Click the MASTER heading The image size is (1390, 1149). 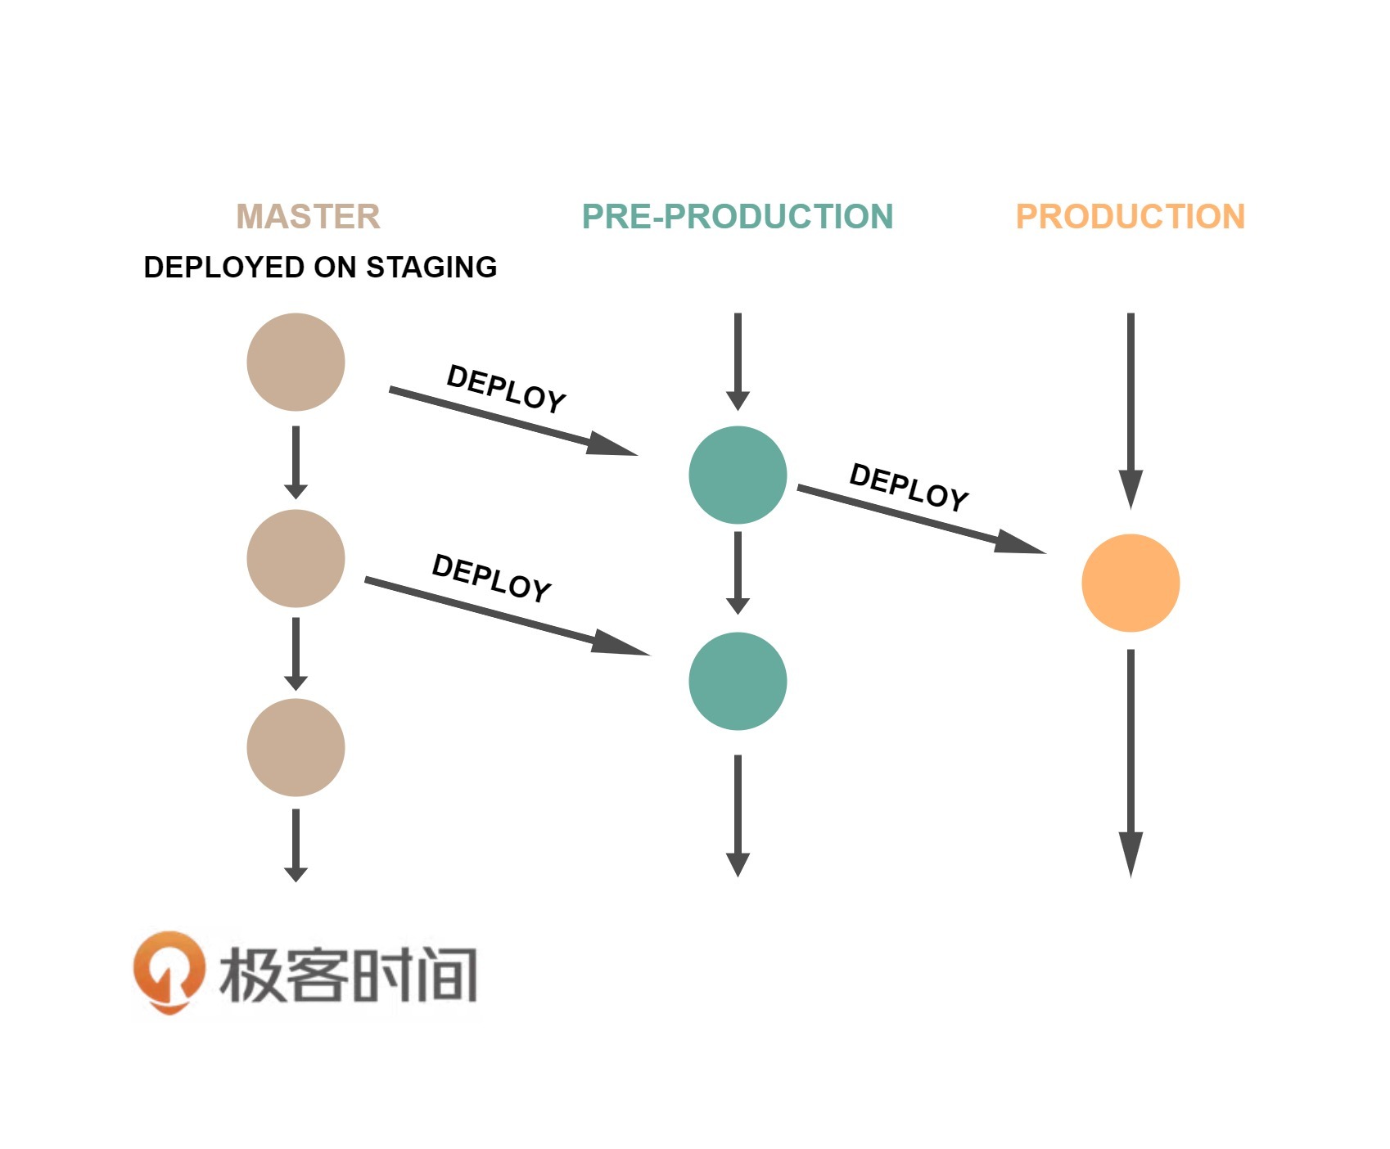tap(308, 217)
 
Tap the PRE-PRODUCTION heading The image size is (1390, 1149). tap(737, 217)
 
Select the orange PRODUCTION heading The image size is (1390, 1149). tap(1130, 217)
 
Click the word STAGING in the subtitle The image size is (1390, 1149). tap(431, 268)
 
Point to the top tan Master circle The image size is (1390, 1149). tap(296, 362)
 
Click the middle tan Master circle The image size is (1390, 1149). tap(296, 558)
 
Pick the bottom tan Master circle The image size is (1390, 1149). tap(296, 747)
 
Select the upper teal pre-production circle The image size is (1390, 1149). tap(738, 475)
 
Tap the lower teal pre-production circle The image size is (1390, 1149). tap(738, 681)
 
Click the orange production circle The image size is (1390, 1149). tap(1131, 583)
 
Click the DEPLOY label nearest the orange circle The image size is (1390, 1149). tap(909, 487)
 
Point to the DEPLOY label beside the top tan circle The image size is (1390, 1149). tap(506, 389)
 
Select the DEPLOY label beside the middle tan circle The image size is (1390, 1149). tap(491, 578)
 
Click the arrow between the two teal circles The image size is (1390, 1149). tap(738, 572)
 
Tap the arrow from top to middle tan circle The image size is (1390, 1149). tap(296, 462)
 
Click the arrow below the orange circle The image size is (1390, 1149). tap(1131, 761)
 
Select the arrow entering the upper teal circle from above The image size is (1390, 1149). tap(738, 360)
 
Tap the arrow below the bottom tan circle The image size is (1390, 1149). tap(296, 845)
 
